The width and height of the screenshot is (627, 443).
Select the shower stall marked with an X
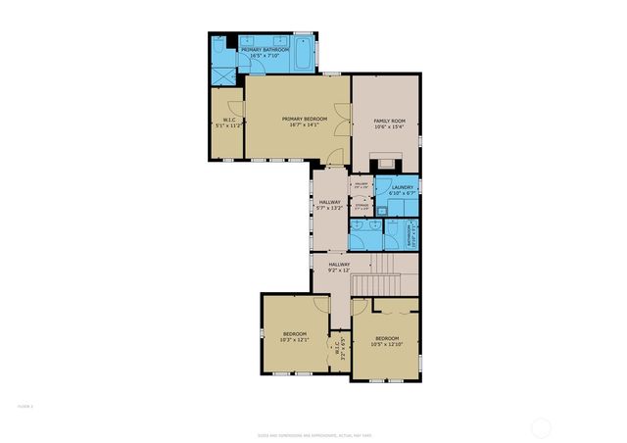[224, 74]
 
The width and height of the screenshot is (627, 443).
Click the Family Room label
[389, 121]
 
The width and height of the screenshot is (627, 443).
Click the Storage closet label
[362, 206]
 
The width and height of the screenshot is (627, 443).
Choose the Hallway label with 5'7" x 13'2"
[329, 205]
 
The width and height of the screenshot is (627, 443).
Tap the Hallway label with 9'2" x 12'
[339, 267]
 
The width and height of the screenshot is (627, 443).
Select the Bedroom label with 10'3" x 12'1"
[295, 336]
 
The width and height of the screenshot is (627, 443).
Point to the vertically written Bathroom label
[410, 235]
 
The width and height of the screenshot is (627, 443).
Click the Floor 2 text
[25, 404]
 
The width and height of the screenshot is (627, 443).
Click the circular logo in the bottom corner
[542, 426]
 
